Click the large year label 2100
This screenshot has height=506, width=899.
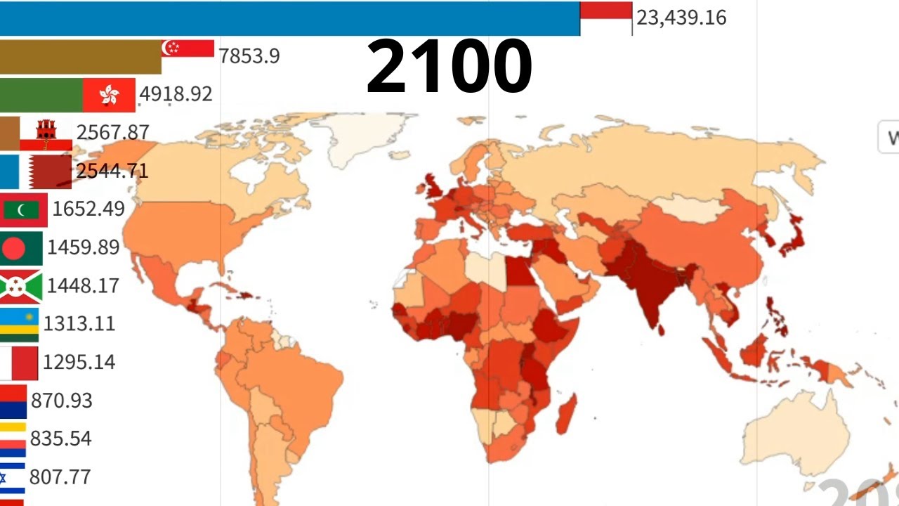pyautogui.click(x=449, y=67)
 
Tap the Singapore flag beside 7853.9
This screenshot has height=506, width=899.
pyautogui.click(x=188, y=48)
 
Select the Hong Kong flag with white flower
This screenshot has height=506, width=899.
pyautogui.click(x=109, y=96)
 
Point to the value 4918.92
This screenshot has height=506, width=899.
pyautogui.click(x=176, y=93)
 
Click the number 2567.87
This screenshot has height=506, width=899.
pyautogui.click(x=112, y=132)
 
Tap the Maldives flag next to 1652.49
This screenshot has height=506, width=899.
pyautogui.click(x=24, y=209)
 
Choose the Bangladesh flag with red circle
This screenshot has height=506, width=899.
pyautogui.click(x=21, y=248)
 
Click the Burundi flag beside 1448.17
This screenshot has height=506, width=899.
pyautogui.click(x=21, y=286)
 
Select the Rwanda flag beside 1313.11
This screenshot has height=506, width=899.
pyautogui.click(x=19, y=324)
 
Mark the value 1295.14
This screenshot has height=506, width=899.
pyautogui.click(x=79, y=362)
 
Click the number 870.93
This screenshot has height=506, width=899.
pyautogui.click(x=62, y=400)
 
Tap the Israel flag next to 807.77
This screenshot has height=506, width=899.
pyautogui.click(x=13, y=477)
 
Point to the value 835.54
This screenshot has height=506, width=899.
pyautogui.click(x=61, y=439)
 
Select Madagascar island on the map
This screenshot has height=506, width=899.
pyautogui.click(x=566, y=415)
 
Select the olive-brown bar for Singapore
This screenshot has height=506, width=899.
pyautogui.click(x=81, y=57)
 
